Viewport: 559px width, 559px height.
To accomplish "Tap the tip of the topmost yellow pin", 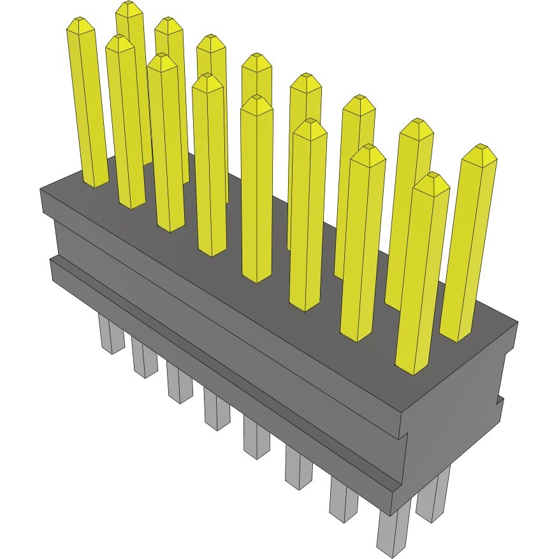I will tap(129, 7).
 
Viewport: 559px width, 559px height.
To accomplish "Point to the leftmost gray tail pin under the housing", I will tap(112, 334).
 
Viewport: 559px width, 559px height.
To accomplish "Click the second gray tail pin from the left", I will tap(144, 359).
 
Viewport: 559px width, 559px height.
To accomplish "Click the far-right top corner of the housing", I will tap(516, 323).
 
